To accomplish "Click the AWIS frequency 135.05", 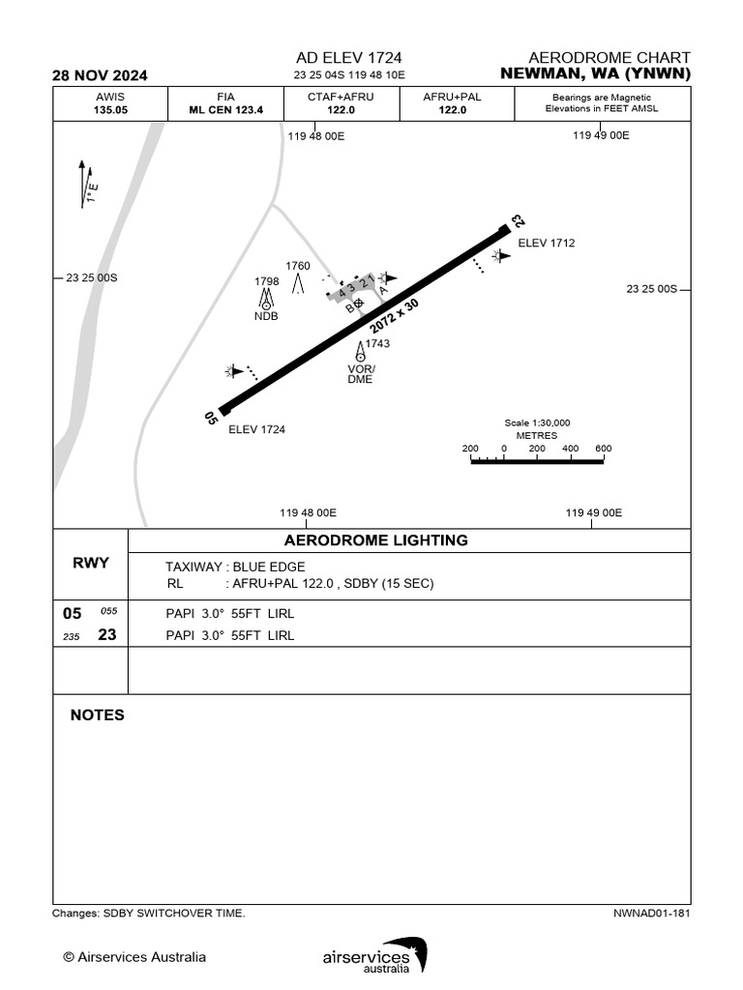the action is coord(110,110).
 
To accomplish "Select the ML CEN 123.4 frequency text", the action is coord(225,110).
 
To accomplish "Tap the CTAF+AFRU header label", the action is coord(341,97).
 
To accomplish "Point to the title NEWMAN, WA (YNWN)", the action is coord(596,73).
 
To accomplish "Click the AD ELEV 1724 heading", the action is coord(349,58).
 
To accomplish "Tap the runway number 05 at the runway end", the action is coord(211,418).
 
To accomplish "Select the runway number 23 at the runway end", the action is coord(517,221).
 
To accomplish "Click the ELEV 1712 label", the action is coord(547,243).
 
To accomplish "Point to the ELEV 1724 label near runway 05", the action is coord(256,429).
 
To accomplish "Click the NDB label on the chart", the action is coord(266,316).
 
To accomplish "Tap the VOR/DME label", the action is coord(361,374).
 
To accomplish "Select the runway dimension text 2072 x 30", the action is coord(394,318).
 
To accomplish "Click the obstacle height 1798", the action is coord(267,281).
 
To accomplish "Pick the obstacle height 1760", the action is coord(298,265).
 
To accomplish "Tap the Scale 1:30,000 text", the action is coord(537,422).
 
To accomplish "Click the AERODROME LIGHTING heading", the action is coord(376,540).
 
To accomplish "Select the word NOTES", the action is coord(98,715).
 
